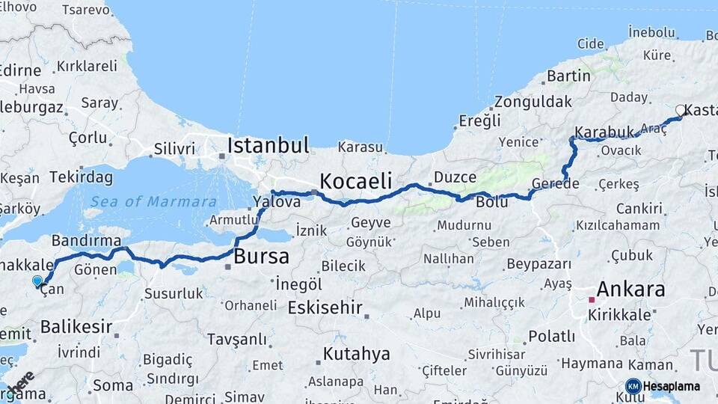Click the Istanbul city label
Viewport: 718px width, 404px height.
pyautogui.click(x=268, y=145)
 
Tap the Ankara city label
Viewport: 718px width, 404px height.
pyautogui.click(x=631, y=290)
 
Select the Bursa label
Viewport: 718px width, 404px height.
pyautogui.click(x=261, y=257)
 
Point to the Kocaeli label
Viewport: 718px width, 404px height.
pyautogui.click(x=355, y=180)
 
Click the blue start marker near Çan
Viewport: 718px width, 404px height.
pyautogui.click(x=37, y=281)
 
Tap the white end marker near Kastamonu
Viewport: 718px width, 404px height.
pyautogui.click(x=680, y=110)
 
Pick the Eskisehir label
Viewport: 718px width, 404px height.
pyautogui.click(x=325, y=307)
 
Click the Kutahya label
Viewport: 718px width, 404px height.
pyautogui.click(x=357, y=354)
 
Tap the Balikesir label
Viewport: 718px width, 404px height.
pyautogui.click(x=76, y=327)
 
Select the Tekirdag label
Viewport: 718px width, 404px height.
pyautogui.click(x=82, y=177)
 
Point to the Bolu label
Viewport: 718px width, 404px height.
pyautogui.click(x=491, y=202)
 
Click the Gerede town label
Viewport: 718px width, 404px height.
pyautogui.click(x=556, y=184)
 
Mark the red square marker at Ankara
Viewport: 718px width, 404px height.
pyautogui.click(x=591, y=299)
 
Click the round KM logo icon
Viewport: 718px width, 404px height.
pyautogui.click(x=633, y=386)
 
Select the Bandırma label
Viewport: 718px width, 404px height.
pyautogui.click(x=86, y=240)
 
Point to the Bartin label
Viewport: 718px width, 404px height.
pyautogui.click(x=568, y=76)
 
